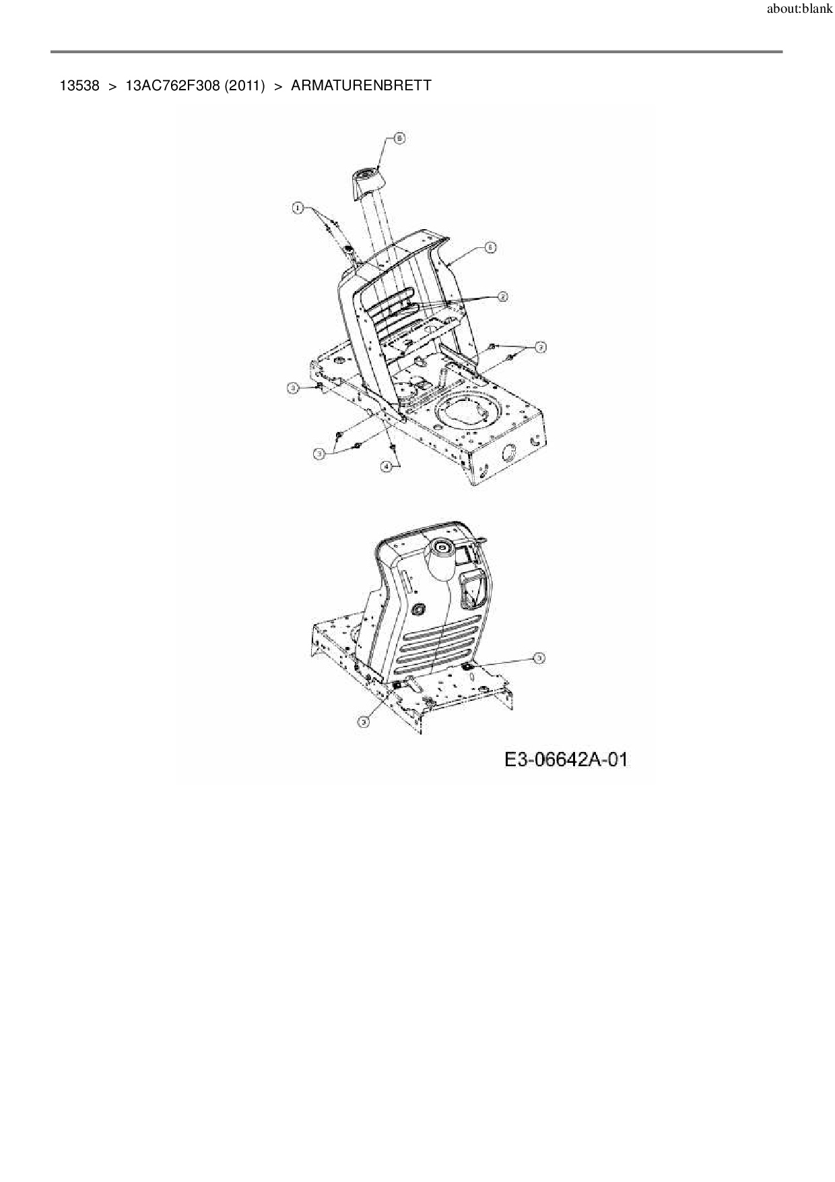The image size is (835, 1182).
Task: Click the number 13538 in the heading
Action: coord(79,86)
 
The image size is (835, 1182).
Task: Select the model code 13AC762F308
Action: coord(172,86)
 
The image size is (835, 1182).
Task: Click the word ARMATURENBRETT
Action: coord(361,86)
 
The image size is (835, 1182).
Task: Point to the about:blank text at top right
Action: coord(799,10)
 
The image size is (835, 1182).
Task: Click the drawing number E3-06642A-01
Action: coord(566,760)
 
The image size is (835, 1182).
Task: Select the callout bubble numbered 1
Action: coord(297,208)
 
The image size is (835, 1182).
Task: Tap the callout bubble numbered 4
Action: coord(387,466)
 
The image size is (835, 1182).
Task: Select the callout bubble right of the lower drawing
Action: coord(539,658)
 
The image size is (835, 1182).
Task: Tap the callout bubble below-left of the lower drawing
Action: coord(364,721)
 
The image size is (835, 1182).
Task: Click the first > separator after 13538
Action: coord(112,86)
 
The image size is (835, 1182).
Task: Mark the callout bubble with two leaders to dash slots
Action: coord(502,297)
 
